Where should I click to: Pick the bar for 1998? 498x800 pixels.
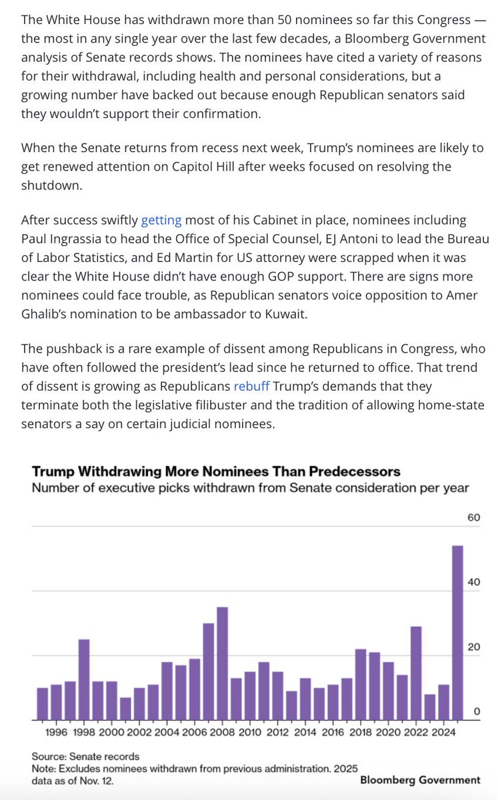84,679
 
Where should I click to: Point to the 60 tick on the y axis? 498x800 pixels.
473,517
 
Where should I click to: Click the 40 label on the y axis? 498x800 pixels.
473,582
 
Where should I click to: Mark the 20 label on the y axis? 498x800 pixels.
473,647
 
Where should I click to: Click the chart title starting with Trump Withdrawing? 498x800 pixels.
216,471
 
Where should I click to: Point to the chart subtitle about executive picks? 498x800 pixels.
250,487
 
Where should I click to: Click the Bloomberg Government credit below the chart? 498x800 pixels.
420,779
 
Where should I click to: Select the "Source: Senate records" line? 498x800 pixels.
85,756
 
